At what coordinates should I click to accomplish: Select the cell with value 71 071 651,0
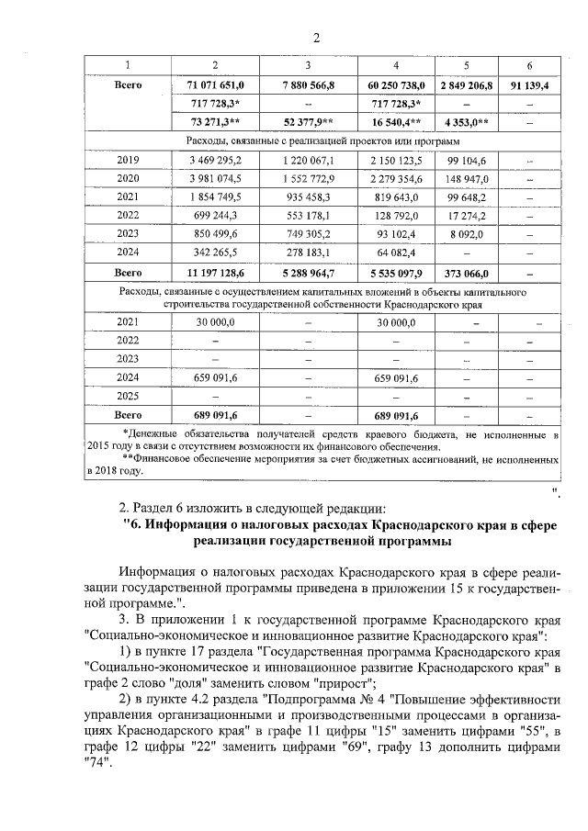pyautogui.click(x=214, y=84)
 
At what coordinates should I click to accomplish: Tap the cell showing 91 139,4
pyautogui.click(x=529, y=84)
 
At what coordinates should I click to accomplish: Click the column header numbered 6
pyautogui.click(x=529, y=64)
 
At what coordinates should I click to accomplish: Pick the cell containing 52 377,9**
pyautogui.click(x=306, y=122)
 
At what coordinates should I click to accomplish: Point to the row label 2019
pyautogui.click(x=128, y=160)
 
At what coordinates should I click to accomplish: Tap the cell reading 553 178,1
pyautogui.click(x=306, y=216)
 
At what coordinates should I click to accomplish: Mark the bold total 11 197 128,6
pyautogui.click(x=214, y=273)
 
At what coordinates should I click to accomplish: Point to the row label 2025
pyautogui.click(x=128, y=397)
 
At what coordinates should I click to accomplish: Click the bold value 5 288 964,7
pyautogui.click(x=306, y=273)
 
